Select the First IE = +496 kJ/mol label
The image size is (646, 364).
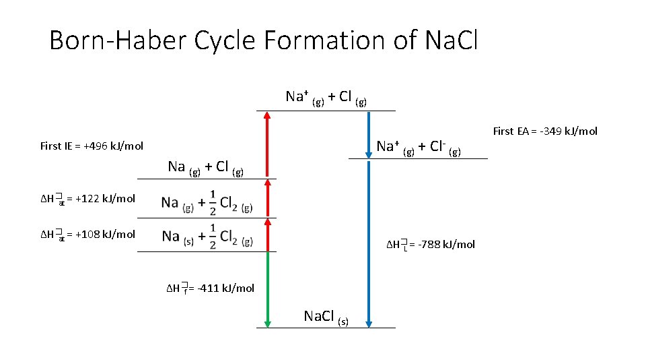coord(92,146)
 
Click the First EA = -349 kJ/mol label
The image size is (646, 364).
coord(545,131)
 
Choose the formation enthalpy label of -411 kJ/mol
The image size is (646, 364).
coord(211,289)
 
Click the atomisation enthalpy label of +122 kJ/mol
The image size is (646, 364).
coord(87,198)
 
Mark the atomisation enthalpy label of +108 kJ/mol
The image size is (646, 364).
coord(87,235)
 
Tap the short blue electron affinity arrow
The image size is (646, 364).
coord(369,135)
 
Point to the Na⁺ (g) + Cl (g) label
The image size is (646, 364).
coord(326,97)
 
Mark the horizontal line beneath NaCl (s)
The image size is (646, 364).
coord(326,328)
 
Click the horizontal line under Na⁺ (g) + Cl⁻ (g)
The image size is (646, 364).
coord(417,158)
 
